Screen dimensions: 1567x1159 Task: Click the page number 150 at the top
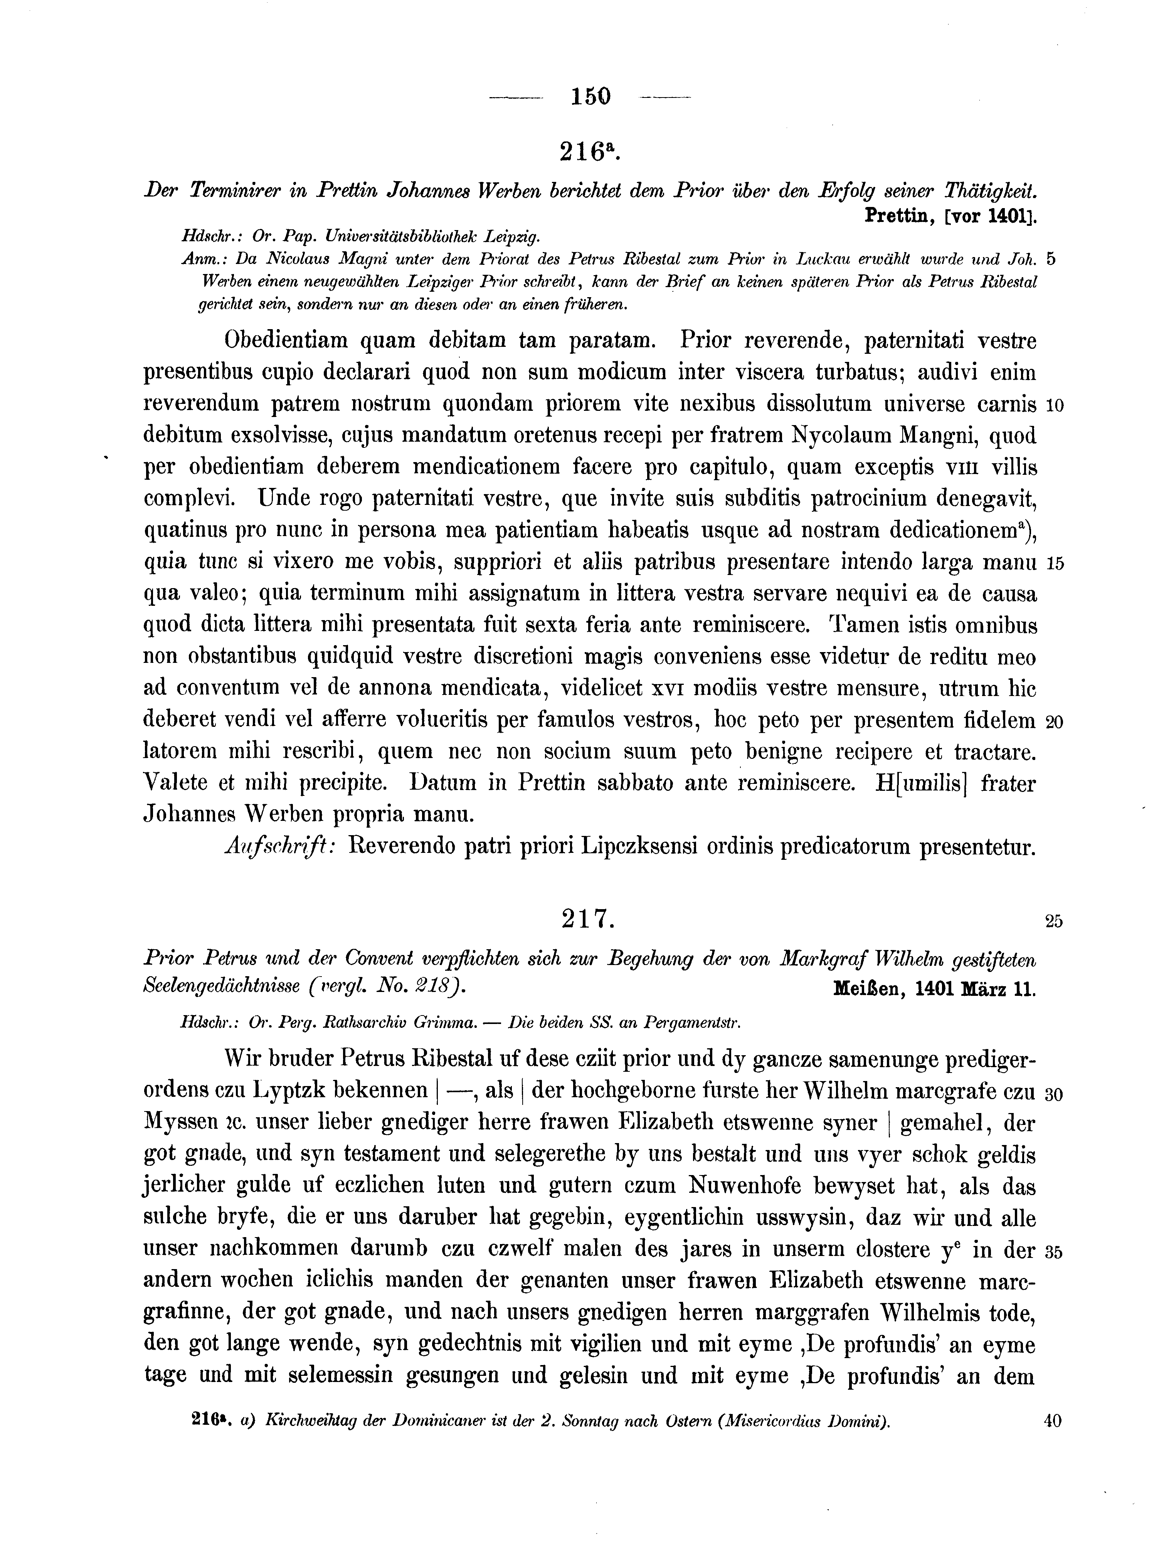pyautogui.click(x=591, y=96)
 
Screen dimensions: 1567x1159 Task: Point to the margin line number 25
pyautogui.click(x=1054, y=922)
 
